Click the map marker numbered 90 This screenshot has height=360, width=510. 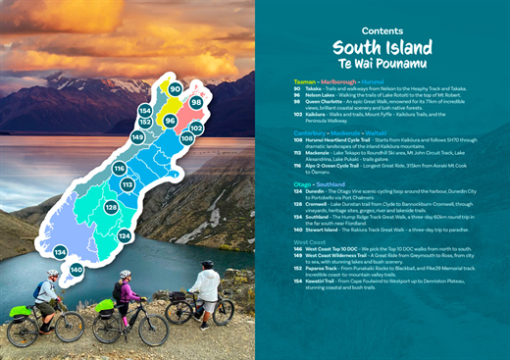click(x=176, y=89)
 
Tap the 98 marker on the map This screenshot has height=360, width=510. click(x=196, y=102)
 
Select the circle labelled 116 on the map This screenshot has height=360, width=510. click(x=119, y=169)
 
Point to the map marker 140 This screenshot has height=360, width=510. click(x=76, y=269)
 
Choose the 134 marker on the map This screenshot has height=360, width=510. click(x=61, y=252)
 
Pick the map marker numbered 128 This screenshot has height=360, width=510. click(x=112, y=208)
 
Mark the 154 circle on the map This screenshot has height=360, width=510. click(x=145, y=111)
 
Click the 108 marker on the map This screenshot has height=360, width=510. click(x=186, y=139)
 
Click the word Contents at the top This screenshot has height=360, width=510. click(x=382, y=31)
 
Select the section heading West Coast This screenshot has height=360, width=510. click(x=310, y=240)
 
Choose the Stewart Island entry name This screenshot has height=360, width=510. click(x=326, y=229)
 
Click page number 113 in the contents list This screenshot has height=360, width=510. click(x=297, y=153)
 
